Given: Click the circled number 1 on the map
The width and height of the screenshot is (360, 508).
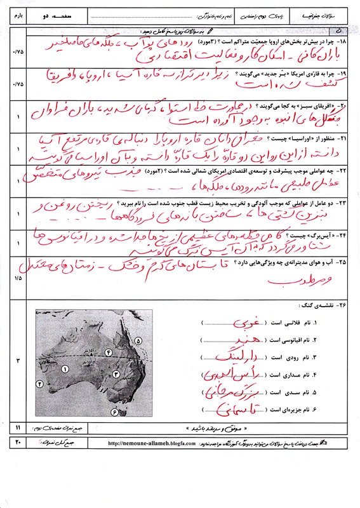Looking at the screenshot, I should tap(65, 368).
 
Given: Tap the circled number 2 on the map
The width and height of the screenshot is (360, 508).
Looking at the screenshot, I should tap(40, 384).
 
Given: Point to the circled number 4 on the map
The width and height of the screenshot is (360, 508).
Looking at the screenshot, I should tap(109, 351).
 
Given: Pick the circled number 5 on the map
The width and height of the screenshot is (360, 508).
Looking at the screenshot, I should tap(138, 342).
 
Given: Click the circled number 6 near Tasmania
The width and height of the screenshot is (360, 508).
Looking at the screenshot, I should tap(115, 412).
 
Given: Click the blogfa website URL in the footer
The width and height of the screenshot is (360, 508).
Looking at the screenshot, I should tap(147, 443).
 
